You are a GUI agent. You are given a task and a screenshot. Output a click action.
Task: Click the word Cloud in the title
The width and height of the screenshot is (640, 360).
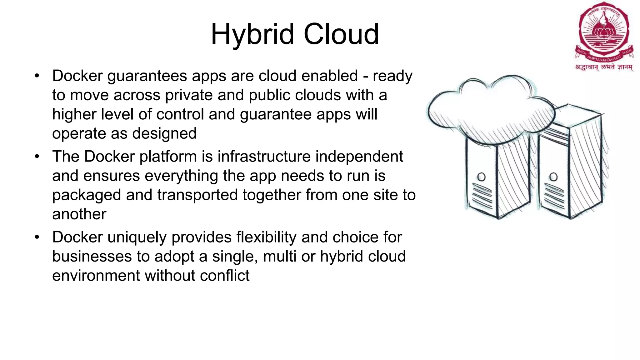pos(341,34)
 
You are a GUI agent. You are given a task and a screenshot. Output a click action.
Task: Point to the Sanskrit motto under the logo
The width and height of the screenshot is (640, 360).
pos(604,67)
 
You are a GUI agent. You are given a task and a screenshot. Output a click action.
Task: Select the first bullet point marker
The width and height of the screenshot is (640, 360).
pos(37,76)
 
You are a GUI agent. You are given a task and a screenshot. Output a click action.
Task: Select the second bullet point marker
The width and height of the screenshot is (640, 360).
pos(37,157)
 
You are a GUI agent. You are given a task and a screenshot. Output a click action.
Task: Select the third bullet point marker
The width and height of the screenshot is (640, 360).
pos(37,237)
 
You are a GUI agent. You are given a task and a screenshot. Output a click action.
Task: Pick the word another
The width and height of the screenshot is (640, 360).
pos(79,214)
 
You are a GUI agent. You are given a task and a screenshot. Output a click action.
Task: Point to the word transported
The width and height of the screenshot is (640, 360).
pos(197,195)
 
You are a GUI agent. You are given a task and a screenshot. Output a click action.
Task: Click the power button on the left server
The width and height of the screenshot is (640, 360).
pos(482,177)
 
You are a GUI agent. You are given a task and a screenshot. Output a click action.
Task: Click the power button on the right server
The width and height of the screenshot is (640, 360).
pos(553,177)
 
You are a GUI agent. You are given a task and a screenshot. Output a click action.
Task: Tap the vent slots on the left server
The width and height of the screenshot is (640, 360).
pos(482,195)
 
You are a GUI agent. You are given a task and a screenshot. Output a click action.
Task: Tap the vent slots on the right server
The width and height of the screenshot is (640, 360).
pos(554,195)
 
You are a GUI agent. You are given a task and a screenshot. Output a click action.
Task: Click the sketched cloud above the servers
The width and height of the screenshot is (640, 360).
pos(491,109)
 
